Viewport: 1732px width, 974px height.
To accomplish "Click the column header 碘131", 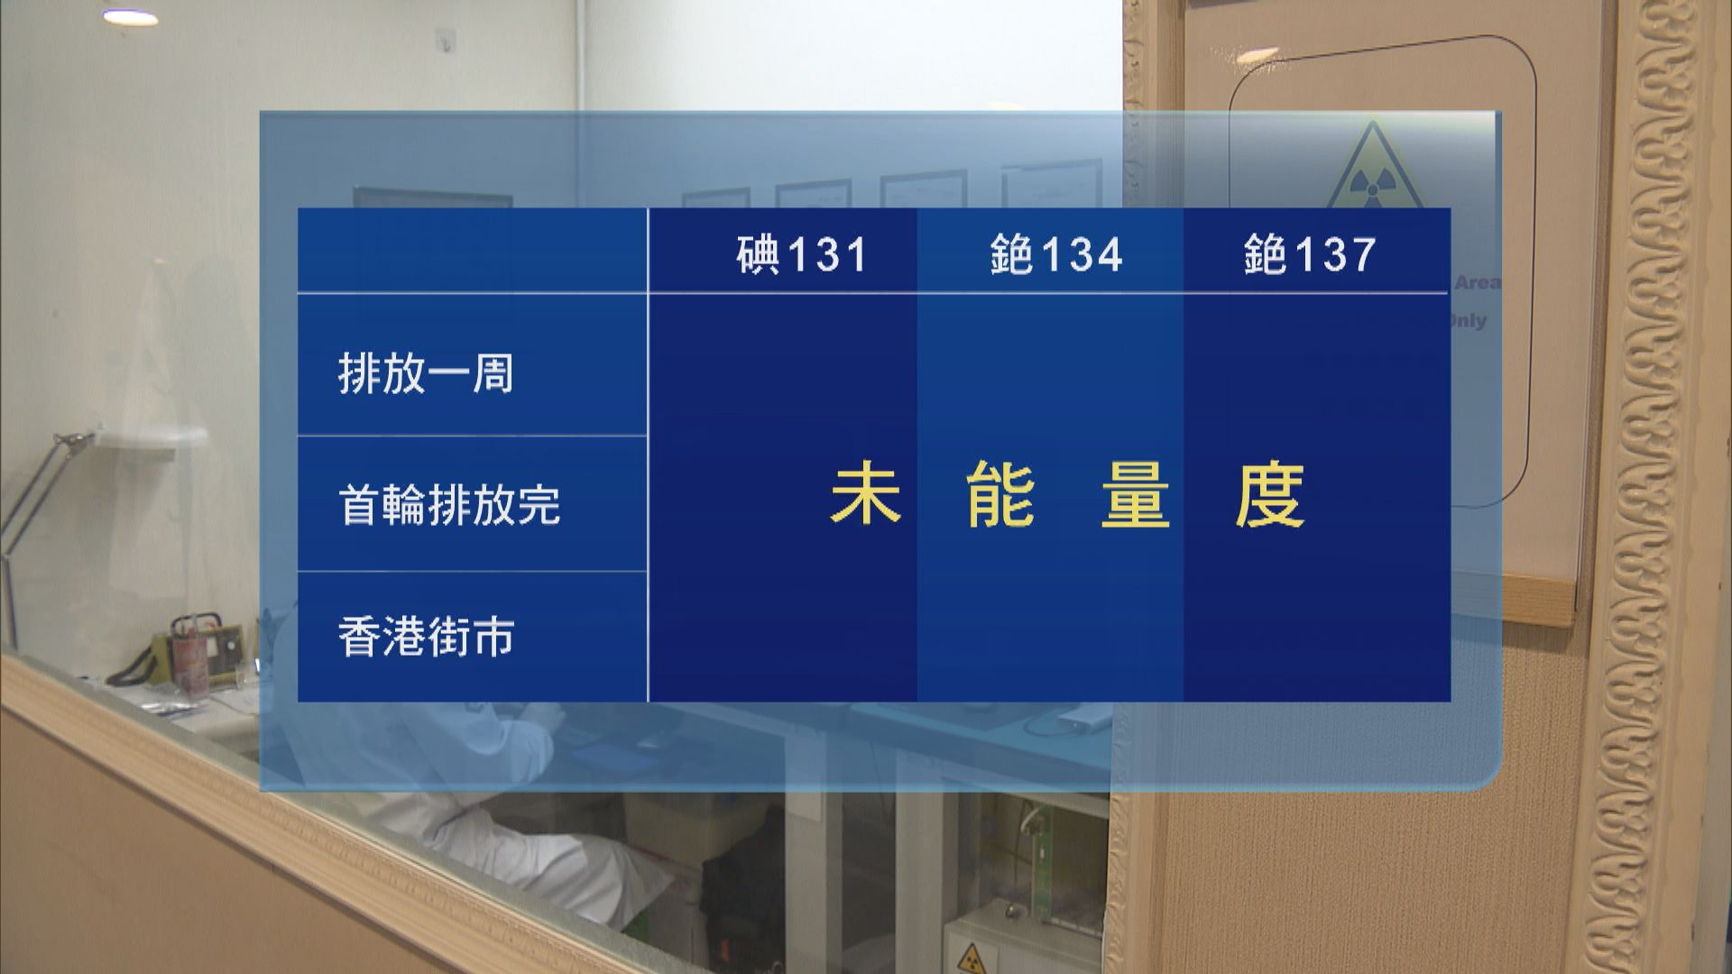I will [801, 254].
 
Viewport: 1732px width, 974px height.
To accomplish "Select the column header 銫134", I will [1055, 254].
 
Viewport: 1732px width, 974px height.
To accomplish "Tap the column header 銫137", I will [1309, 254].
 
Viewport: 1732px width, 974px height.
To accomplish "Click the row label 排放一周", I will [426, 373].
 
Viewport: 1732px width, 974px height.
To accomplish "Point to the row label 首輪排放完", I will [449, 504].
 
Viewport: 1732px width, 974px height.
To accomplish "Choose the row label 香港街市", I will [426, 637].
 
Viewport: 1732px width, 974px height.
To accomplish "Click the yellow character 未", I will [865, 495].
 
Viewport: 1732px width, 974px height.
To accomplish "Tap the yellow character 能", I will [1000, 495].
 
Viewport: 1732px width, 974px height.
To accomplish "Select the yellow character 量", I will [1135, 495].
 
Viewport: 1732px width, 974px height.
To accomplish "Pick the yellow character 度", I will [1269, 495].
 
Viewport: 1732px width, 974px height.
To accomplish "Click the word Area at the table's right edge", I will [1477, 282].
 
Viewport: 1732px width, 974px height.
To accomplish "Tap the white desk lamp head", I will [153, 438].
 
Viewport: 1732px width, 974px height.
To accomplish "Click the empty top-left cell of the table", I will [472, 251].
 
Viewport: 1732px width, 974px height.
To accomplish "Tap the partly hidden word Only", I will [1468, 321].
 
